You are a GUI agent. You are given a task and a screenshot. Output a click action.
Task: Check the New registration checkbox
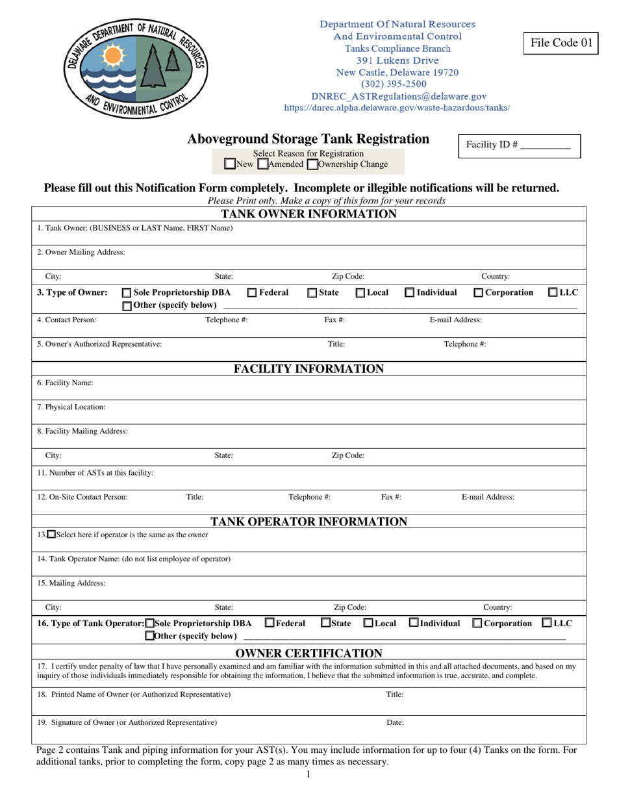(229, 164)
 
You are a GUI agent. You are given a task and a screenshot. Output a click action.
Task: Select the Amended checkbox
(262, 164)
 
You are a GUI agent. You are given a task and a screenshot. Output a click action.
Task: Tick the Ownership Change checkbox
(312, 164)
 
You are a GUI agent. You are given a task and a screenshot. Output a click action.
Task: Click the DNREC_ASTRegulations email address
(399, 96)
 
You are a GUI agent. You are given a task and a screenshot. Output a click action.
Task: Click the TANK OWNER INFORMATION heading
(308, 214)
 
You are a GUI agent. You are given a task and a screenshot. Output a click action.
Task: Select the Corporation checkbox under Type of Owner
(478, 293)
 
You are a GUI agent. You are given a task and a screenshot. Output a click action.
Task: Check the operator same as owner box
(52, 535)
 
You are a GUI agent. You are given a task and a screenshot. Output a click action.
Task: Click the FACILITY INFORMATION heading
(308, 369)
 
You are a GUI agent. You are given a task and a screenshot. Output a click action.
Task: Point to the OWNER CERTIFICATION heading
(308, 653)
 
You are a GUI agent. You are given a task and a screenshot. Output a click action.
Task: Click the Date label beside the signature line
(395, 722)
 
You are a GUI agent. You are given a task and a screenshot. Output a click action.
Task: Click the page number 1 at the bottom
(308, 774)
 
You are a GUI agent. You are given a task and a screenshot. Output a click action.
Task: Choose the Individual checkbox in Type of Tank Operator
(414, 623)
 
